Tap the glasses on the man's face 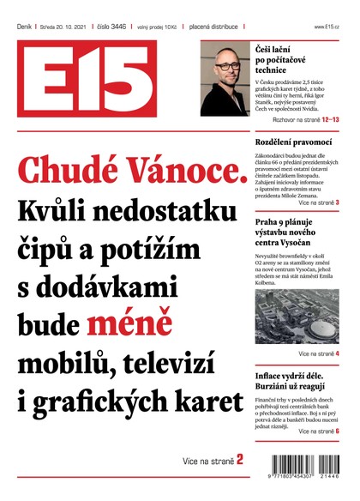pos(225,66)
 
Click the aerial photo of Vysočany pos(297,317)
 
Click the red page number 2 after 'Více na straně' pos(240,460)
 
